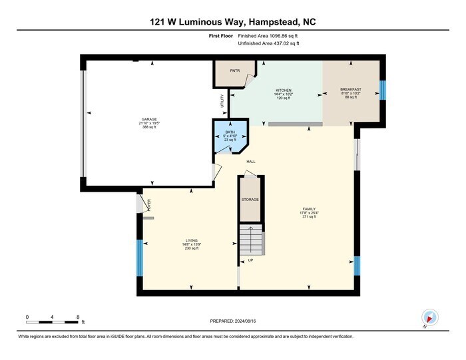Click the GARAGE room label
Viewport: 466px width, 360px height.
point(149,119)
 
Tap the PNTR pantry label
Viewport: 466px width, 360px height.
point(234,69)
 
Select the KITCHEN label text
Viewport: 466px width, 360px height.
point(284,90)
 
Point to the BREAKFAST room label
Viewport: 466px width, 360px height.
point(350,90)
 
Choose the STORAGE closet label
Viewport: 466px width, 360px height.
point(250,200)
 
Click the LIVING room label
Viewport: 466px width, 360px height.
point(192,240)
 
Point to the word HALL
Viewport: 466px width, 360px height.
point(251,162)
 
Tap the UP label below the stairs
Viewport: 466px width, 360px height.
point(250,260)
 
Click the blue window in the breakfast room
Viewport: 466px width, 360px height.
point(382,90)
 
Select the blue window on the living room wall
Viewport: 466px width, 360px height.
point(140,254)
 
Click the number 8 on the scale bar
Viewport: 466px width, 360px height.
point(79,316)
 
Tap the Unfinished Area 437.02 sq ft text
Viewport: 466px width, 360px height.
point(269,43)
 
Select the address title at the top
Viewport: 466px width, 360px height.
point(233,22)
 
